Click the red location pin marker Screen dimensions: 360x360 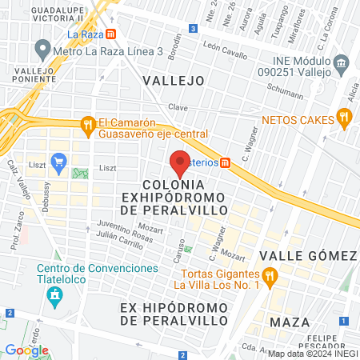(x=180, y=162)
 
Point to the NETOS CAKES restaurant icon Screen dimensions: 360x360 (x=345, y=119)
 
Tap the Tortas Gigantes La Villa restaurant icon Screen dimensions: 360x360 (x=270, y=278)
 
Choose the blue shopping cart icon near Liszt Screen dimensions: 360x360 (x=58, y=162)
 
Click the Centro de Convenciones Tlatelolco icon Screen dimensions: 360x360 (x=54, y=297)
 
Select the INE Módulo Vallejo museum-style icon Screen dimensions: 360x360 (x=341, y=63)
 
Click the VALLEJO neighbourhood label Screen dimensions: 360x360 (x=173, y=80)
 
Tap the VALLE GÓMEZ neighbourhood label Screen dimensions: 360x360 (x=314, y=255)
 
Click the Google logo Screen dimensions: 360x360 (x=27, y=350)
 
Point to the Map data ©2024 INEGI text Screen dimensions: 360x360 (x=312, y=354)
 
